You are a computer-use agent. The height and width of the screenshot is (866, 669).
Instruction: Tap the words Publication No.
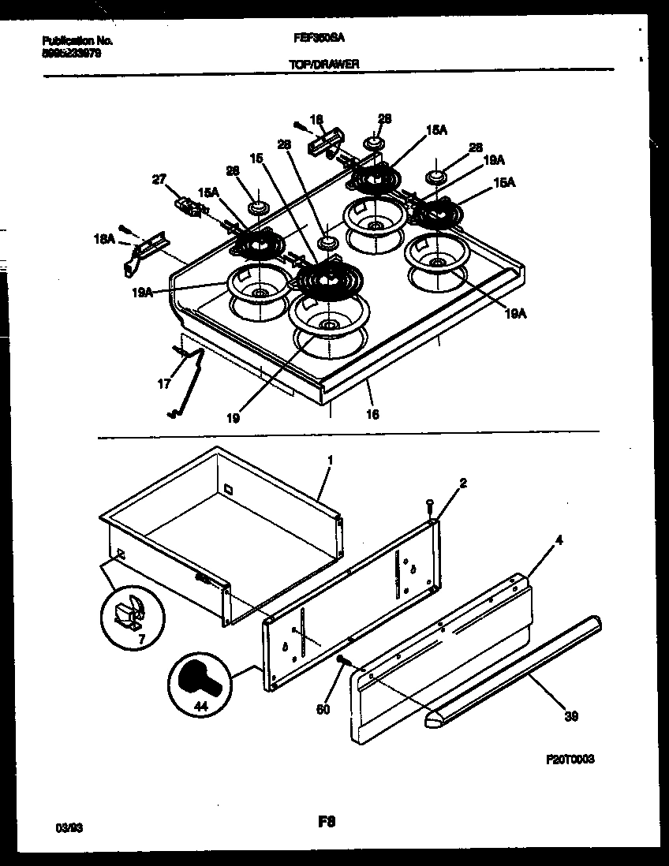77,40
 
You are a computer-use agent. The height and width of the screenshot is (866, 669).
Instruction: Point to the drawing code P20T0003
570,759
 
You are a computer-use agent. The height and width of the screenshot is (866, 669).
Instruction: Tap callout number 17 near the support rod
164,385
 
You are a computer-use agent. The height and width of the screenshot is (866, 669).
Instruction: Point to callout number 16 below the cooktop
372,414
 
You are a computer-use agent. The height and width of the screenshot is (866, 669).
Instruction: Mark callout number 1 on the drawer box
330,458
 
